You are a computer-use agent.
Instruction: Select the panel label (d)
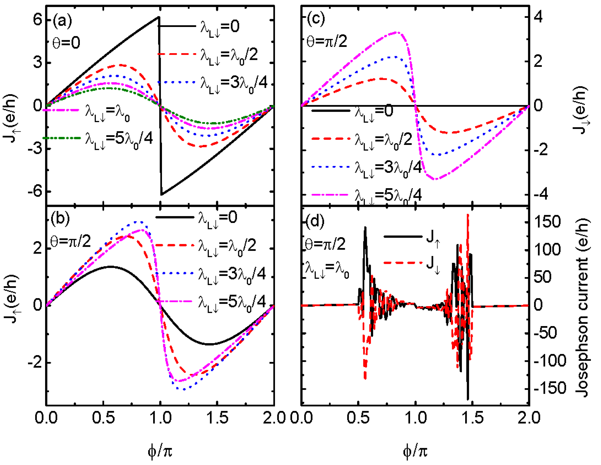tap(315, 221)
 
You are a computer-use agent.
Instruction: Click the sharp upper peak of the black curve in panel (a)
tap(159, 17)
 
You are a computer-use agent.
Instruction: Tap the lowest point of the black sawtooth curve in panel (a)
tap(162, 195)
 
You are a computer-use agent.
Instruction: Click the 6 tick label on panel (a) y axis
tap(37, 20)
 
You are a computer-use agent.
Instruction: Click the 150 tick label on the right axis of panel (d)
tap(547, 222)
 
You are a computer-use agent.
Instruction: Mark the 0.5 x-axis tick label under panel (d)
tap(358, 418)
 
